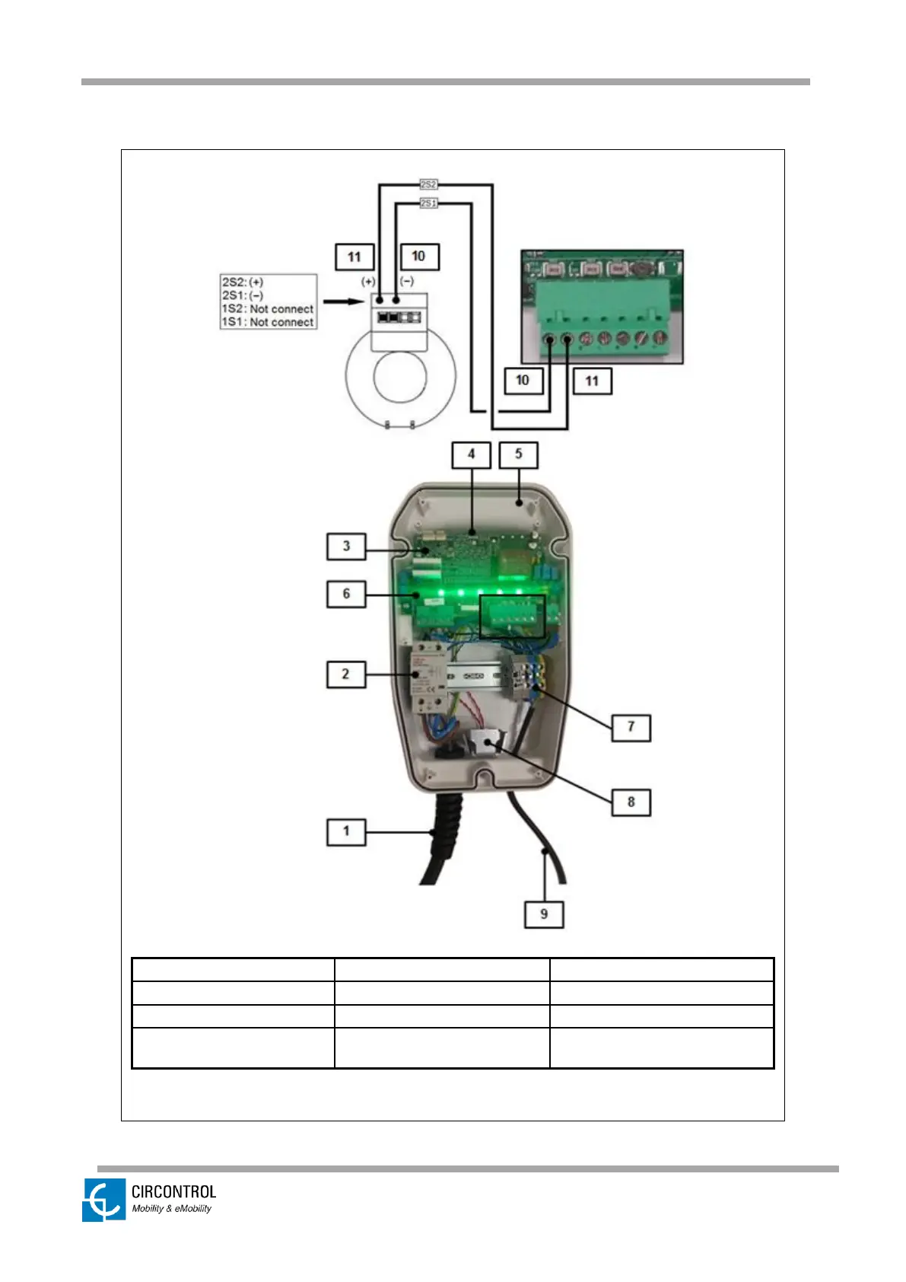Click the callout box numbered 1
346,831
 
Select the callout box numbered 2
346,674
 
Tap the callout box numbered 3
346,546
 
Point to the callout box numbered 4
471,454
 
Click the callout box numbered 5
518,454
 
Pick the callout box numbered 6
346,594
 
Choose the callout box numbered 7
631,727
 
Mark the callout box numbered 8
631,802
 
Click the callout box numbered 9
544,914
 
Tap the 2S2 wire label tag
428,184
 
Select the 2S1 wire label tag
428,203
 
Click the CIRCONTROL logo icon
104,1200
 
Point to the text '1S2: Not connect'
267,309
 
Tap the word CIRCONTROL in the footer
173,1192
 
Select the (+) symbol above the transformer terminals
368,282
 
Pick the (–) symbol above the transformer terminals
407,282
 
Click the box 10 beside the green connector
523,381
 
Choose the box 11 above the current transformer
354,257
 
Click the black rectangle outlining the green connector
513,597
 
